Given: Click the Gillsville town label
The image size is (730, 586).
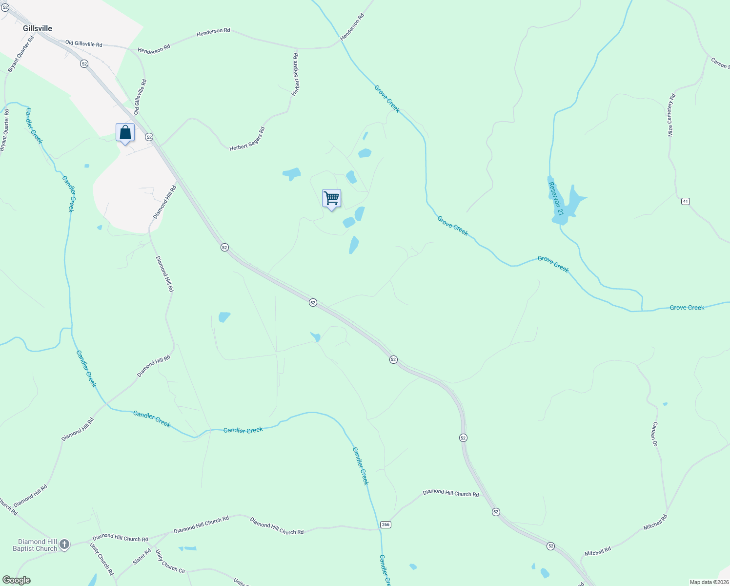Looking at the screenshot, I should [x=37, y=28].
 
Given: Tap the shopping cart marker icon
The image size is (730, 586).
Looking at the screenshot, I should [x=331, y=198].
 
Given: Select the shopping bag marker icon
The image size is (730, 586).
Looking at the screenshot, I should [x=125, y=132].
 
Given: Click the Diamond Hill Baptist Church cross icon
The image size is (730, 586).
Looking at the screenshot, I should [x=64, y=544].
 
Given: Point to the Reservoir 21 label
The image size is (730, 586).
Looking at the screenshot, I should [x=556, y=199].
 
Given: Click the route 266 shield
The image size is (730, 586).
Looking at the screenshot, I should [x=385, y=524].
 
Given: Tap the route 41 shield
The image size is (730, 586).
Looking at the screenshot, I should [x=686, y=201].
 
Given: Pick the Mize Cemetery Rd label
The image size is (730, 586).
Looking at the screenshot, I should [x=671, y=115].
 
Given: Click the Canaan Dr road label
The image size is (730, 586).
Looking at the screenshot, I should [x=655, y=434].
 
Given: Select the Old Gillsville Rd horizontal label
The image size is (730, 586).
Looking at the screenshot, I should [x=83, y=44].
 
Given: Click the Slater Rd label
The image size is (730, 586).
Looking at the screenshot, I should [x=142, y=557].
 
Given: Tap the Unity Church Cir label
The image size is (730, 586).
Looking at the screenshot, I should [x=170, y=561].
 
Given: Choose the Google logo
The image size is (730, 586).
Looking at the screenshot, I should [x=16, y=580].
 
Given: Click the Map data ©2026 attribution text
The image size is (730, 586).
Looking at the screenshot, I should [x=709, y=582].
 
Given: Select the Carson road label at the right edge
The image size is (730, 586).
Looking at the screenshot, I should [x=720, y=63].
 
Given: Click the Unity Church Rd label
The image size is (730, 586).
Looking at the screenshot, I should [x=101, y=559].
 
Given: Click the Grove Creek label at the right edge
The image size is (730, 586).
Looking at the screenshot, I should [x=687, y=308].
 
